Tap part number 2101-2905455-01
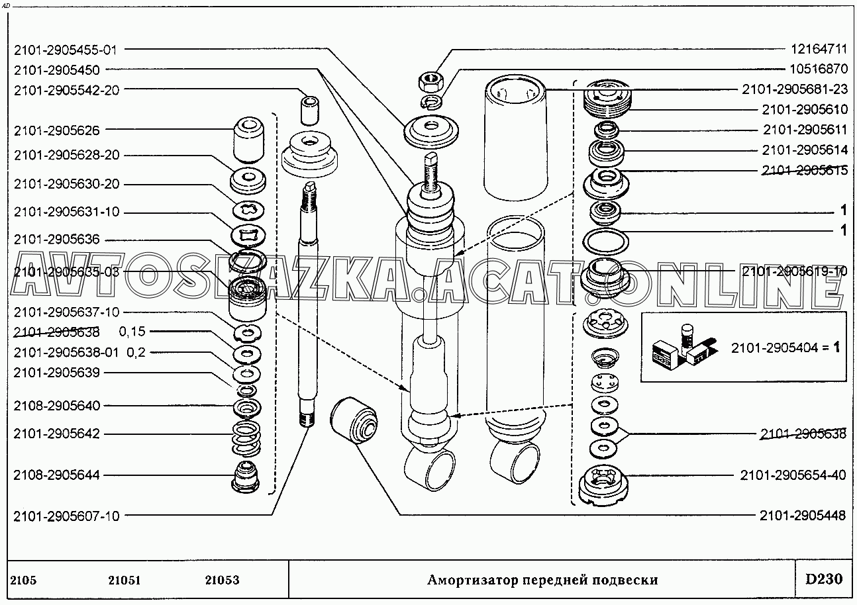point(67,49)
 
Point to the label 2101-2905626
point(56,131)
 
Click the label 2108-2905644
point(56,475)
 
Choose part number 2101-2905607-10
point(67,516)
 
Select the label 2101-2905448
point(803,516)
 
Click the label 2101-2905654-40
point(793,475)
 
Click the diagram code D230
point(824,580)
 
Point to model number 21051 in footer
point(124,581)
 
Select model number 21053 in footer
point(222,581)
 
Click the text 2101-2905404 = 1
point(785,348)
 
